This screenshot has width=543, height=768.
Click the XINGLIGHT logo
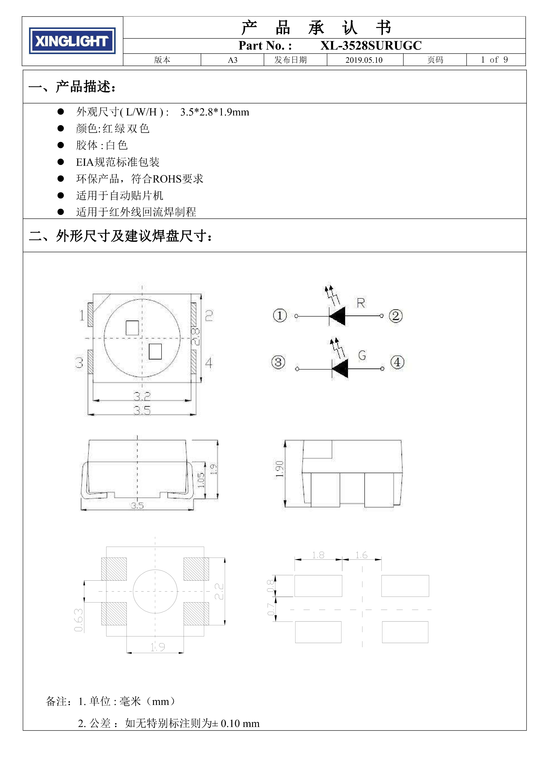tap(72, 41)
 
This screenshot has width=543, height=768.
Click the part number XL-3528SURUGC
tap(371, 46)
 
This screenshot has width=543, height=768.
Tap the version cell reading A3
tap(232, 60)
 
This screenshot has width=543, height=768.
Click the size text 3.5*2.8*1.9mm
tap(215, 112)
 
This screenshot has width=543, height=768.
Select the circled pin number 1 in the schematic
tap(280, 315)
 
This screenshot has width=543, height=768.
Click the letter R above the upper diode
tap(361, 303)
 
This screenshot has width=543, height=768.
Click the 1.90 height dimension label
tap(279, 469)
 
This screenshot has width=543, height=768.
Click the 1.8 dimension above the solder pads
tap(318, 555)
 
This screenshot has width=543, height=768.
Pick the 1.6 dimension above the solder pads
tap(361, 555)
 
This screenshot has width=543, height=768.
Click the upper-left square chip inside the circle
tap(132, 328)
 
